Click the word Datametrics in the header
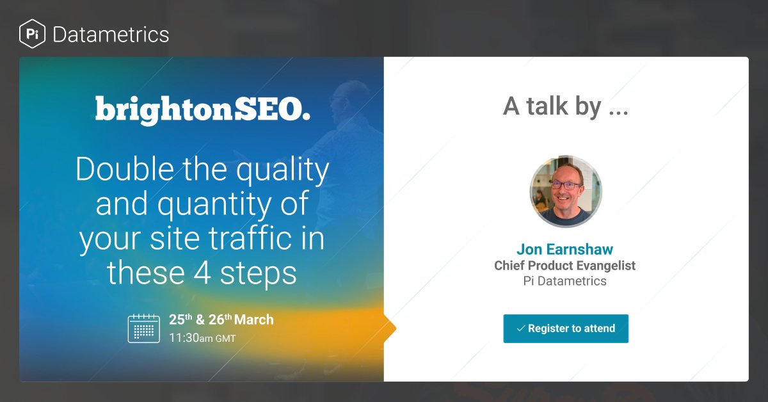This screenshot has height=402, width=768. click(111, 34)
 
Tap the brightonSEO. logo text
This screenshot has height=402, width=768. click(203, 109)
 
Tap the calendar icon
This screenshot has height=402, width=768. click(144, 328)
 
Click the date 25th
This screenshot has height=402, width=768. click(180, 319)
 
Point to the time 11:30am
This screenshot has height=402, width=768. click(191, 337)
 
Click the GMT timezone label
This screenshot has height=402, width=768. click(225, 338)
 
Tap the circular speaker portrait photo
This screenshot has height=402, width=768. click(566, 191)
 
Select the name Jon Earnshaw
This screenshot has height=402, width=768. click(565, 249)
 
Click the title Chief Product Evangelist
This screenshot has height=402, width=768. click(565, 265)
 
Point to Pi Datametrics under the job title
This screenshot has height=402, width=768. click(565, 280)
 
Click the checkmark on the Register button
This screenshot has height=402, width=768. click(521, 328)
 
